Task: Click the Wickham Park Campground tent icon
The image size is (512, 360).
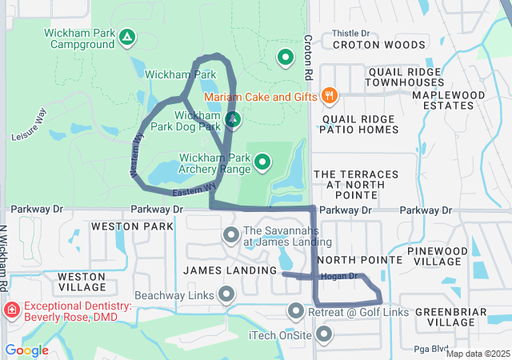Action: coord(127,38)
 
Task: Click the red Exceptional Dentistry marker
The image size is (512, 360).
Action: coord(13,310)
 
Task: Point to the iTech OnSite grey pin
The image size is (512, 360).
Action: coord(324,334)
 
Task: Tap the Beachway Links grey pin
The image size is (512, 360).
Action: coord(226,295)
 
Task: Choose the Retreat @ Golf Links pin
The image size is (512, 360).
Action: coord(296,311)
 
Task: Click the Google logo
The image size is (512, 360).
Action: coord(27,350)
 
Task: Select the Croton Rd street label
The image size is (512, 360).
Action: coord(307,57)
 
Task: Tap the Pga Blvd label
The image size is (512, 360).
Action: coord(430,348)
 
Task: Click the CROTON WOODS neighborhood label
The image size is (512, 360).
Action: coord(378,45)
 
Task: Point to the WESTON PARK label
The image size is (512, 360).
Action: coord(132,227)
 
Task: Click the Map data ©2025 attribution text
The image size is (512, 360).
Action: coord(478,354)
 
